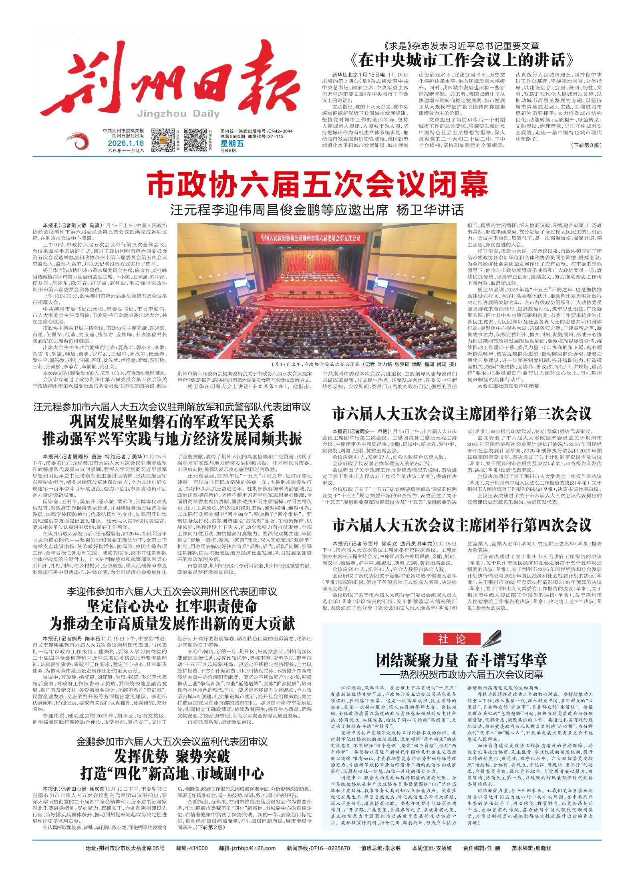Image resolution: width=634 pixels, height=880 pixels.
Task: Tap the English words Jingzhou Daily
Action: coord(178,114)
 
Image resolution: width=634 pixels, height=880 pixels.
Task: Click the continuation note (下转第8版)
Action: coord(586,146)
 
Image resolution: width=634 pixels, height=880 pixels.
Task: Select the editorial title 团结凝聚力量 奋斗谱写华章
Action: coord(461,660)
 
